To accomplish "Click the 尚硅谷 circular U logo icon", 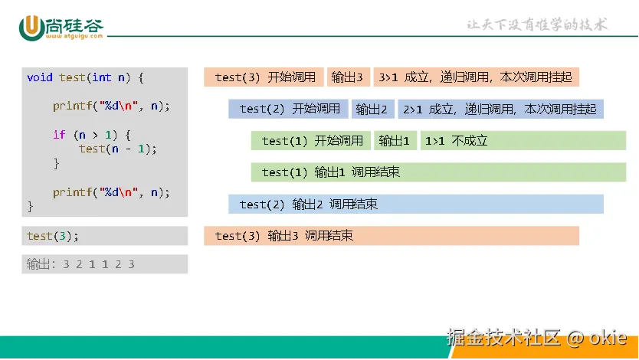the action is (x=31, y=28).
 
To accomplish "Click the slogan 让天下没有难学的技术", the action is (x=537, y=25).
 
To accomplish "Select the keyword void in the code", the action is (x=40, y=77).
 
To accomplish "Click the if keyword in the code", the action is (x=59, y=135).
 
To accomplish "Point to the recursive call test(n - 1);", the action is (x=118, y=149).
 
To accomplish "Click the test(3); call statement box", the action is (x=105, y=236).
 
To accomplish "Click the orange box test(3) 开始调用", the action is (x=264, y=77).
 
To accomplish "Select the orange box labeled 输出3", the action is (x=349, y=77).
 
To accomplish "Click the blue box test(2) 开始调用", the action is (x=288, y=109).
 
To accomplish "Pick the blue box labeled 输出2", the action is (x=373, y=109).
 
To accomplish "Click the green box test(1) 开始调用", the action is (x=311, y=140).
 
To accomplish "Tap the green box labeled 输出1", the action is (x=395, y=140).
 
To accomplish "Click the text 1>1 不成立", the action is (x=457, y=141).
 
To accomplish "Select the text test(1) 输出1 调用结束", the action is (x=330, y=172).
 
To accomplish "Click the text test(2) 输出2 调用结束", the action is (x=309, y=204).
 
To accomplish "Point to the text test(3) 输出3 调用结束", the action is (x=284, y=236).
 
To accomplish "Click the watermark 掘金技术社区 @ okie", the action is (x=536, y=338).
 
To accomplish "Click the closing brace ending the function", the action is (x=30, y=207).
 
